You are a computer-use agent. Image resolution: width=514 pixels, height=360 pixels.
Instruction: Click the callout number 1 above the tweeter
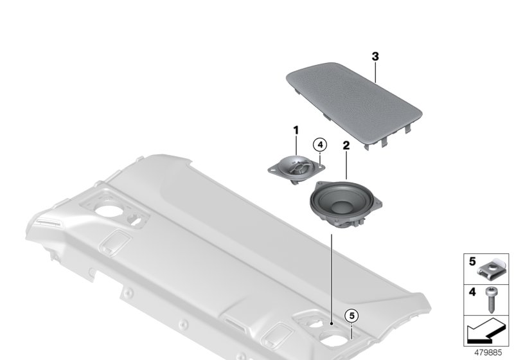[x=296, y=130]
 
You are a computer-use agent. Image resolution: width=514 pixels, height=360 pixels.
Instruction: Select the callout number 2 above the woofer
[x=346, y=146]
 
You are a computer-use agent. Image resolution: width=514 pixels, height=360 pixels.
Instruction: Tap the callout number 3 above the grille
[x=375, y=57]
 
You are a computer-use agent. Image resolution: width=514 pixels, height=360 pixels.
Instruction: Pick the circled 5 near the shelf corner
[x=350, y=316]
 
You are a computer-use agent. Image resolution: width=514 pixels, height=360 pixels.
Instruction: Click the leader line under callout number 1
[x=296, y=145]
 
